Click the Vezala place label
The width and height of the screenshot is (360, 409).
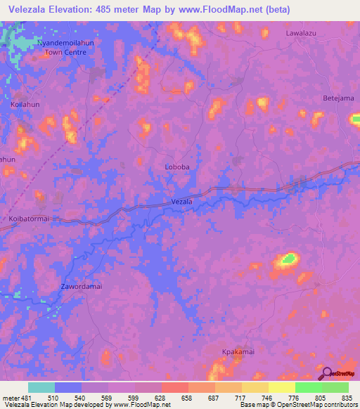[182, 202]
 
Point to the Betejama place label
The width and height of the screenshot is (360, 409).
[338, 98]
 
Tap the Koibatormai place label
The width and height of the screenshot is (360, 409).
[30, 219]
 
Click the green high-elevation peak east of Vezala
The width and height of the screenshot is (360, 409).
[288, 259]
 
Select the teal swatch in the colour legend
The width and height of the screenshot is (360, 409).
[41, 387]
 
